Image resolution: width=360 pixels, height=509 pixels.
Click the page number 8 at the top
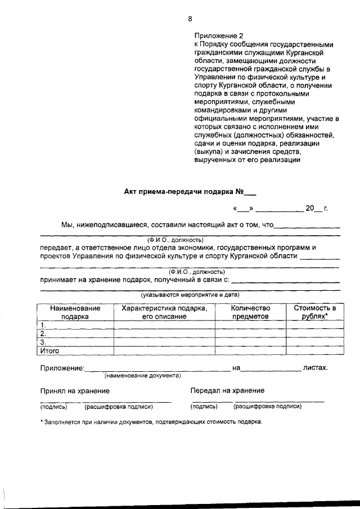coord(190,19)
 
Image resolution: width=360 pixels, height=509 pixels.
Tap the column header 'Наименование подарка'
coord(75,312)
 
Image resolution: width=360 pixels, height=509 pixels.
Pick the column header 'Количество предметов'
coord(251,312)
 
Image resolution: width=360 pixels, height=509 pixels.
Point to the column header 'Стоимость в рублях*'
coord(314,312)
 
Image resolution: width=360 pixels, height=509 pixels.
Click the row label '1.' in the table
coord(42,325)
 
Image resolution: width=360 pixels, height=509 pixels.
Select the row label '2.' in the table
coord(42,334)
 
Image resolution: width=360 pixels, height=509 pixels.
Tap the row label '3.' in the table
coord(42,342)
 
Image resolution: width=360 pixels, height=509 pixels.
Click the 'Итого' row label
coord(49,350)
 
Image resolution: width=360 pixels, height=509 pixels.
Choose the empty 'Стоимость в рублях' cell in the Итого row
coord(314,350)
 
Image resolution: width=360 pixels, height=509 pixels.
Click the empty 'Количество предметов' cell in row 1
coord(251,325)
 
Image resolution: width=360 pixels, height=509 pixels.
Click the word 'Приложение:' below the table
coord(62,368)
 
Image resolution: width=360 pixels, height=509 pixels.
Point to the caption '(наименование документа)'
coord(142,375)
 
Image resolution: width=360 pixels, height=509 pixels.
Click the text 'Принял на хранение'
coord(74,390)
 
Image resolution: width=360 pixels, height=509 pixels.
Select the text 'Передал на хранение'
coord(227,390)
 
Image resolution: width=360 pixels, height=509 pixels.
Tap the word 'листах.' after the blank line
coord(315,368)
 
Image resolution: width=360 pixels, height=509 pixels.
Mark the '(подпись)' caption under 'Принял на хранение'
coord(53,406)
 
